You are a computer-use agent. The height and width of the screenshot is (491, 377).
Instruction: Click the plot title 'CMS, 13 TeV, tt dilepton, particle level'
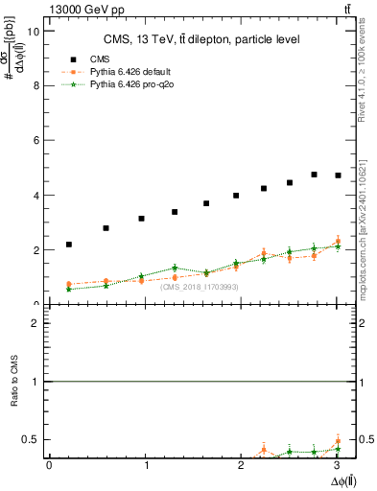point(202,39)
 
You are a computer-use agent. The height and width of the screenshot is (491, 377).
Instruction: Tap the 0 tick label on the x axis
point(49,465)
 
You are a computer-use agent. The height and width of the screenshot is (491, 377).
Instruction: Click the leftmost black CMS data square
point(69,245)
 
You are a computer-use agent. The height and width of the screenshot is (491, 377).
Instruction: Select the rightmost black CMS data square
point(337,175)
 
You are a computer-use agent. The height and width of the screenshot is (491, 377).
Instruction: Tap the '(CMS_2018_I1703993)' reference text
point(199,287)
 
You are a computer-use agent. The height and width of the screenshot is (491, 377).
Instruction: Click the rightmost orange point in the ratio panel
point(337,442)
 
